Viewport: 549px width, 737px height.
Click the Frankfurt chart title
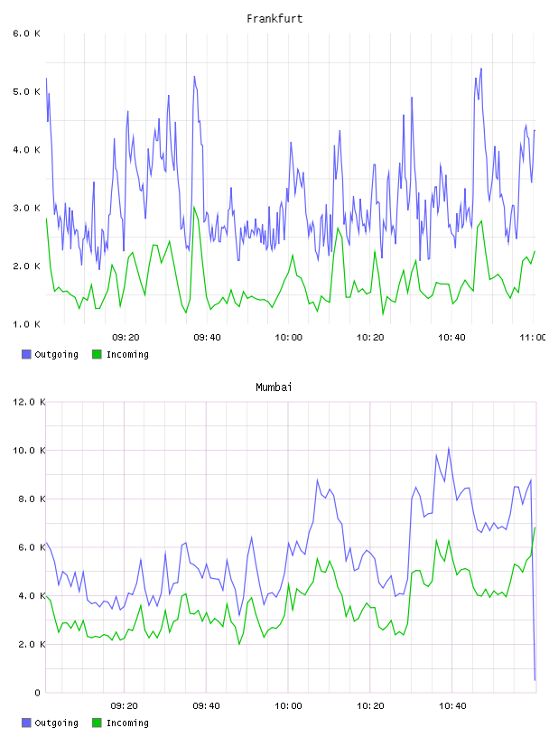coord(274,19)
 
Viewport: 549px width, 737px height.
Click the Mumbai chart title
coord(274,387)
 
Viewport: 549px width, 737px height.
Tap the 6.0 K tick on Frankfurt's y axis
coord(26,33)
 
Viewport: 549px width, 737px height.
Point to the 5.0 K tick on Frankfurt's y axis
coord(26,91)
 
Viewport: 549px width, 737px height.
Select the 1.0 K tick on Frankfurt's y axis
coord(26,324)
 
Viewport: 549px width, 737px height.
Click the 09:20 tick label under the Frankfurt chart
coord(126,338)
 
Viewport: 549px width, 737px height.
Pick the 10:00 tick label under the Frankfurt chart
coord(289,338)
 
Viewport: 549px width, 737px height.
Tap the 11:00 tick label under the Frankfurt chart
coord(533,338)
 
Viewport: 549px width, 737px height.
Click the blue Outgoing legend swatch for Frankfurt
coord(26,354)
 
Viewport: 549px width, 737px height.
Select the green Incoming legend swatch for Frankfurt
coord(97,354)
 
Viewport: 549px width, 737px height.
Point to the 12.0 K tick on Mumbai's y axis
coord(29,402)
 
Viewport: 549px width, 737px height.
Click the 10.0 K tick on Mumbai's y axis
coord(29,451)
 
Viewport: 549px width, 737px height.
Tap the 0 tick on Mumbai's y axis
coord(37,693)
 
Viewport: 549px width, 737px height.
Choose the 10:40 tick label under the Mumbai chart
coord(452,706)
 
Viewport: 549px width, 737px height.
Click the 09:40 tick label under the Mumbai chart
coord(207,706)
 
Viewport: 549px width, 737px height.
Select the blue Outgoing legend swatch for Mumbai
coord(26,723)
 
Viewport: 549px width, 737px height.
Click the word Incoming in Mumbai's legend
coord(127,723)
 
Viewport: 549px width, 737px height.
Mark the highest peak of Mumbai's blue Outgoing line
coord(449,448)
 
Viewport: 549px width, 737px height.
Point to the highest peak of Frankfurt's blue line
coord(481,69)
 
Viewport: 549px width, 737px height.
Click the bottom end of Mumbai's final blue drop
coord(535,680)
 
